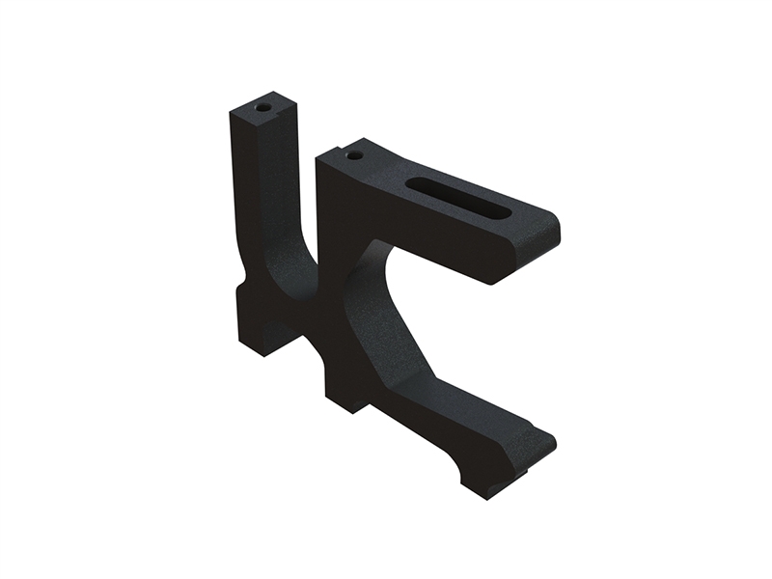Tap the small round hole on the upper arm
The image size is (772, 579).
(354, 154)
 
